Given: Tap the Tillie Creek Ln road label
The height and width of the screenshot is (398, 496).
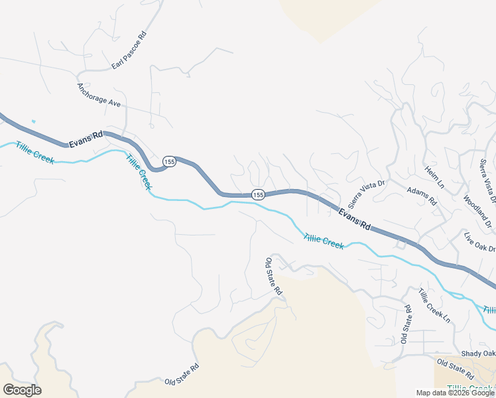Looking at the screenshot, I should click(434, 306).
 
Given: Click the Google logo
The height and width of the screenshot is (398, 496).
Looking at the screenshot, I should click(22, 389).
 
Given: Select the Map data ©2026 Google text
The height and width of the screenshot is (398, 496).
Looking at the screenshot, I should click(455, 393).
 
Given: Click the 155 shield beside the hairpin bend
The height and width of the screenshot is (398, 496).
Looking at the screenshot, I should click(169, 162).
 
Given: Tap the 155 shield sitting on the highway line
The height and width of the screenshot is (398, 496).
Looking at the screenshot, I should click(258, 194).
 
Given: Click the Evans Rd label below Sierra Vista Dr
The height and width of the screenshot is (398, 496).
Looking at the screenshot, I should click(354, 218).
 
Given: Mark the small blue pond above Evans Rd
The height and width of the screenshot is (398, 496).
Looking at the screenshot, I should click(32, 121).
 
